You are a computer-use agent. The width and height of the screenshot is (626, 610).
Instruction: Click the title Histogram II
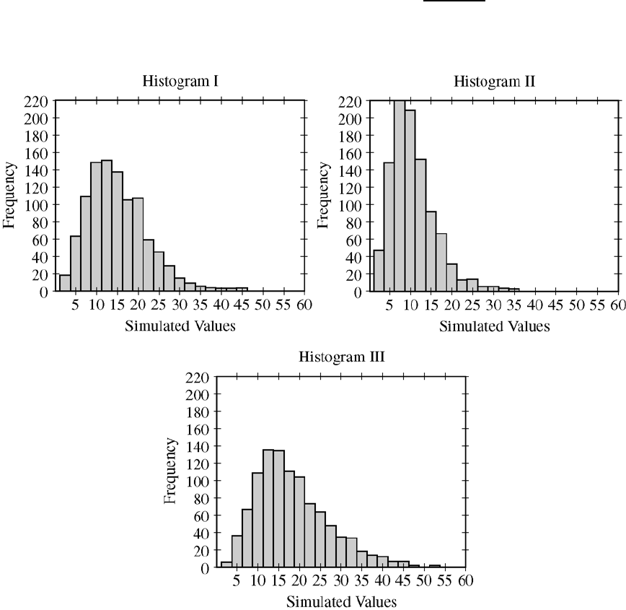[494, 82]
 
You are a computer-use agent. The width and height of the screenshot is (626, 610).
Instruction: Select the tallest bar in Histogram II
[400, 196]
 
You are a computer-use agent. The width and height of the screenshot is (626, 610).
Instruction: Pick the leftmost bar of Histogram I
[65, 283]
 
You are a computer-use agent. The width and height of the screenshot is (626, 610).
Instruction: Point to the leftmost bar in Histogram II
[379, 271]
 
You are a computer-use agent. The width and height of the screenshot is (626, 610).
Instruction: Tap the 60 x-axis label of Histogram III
[466, 582]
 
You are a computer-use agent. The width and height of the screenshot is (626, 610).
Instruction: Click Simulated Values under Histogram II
[494, 326]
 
